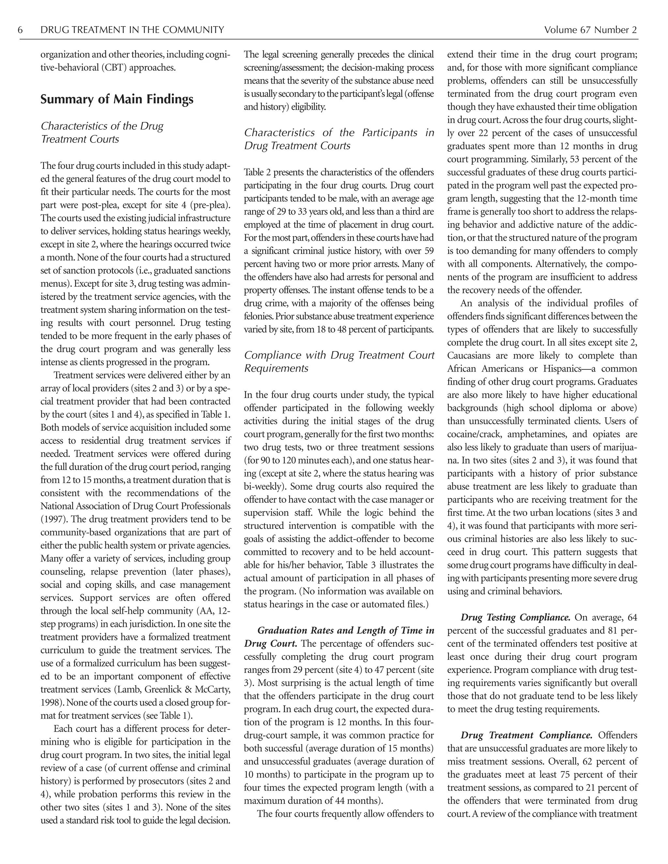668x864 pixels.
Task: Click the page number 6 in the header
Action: (20, 30)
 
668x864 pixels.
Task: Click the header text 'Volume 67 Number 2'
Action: (590, 30)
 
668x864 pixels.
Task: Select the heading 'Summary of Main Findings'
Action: (117, 99)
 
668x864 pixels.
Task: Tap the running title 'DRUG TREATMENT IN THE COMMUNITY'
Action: (132, 30)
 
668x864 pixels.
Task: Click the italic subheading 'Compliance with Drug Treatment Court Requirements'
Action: (339, 362)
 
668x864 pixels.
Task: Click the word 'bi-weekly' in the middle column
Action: (262, 486)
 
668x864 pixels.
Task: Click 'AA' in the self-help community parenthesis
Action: (202, 611)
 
